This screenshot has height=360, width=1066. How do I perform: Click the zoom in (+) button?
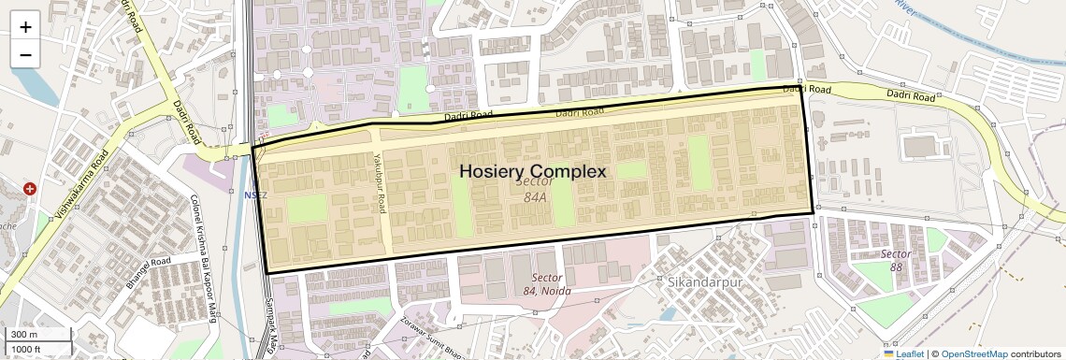click(x=25, y=27)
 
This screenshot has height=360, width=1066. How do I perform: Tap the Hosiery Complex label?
click(x=533, y=171)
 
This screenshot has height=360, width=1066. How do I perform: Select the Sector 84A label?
click(x=535, y=190)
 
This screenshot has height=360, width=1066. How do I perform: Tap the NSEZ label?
click(x=256, y=195)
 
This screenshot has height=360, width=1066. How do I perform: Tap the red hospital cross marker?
click(x=30, y=189)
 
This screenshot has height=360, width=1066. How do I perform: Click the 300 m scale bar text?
click(x=25, y=335)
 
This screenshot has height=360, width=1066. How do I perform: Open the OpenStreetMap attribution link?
click(x=974, y=353)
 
